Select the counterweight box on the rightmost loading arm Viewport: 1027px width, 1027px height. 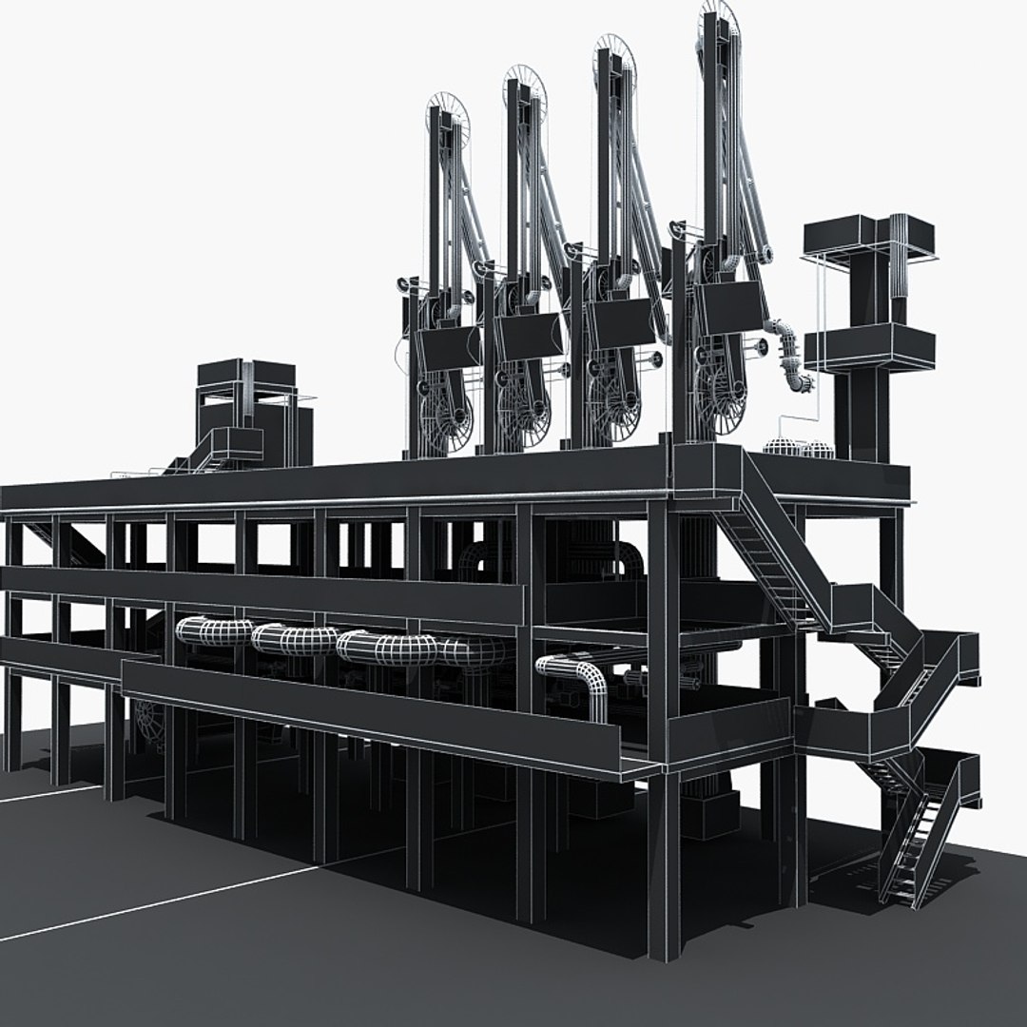[729, 307]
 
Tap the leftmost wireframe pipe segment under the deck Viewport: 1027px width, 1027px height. [213, 631]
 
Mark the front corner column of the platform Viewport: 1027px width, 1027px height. [664, 856]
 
